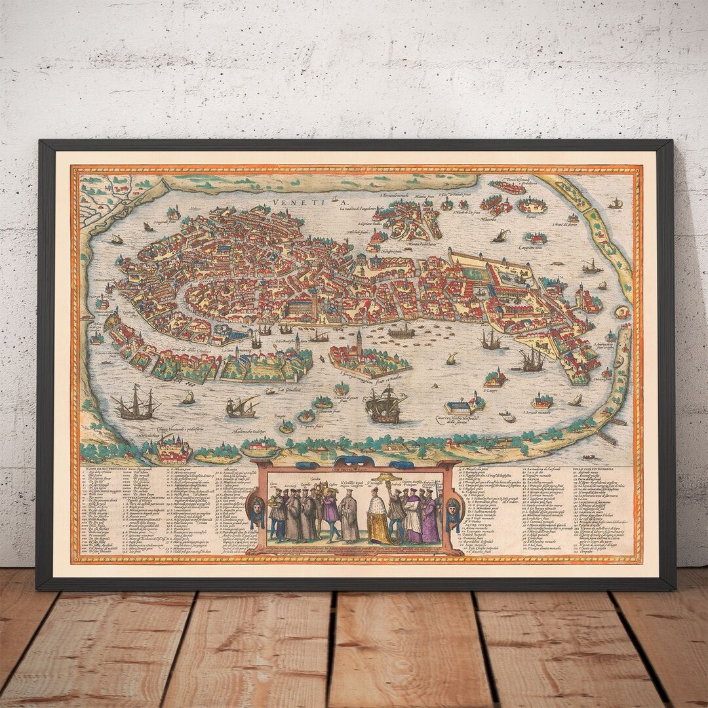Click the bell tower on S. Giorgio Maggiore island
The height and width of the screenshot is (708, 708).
click(x=359, y=342)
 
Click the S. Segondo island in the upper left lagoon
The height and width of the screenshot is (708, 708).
click(x=174, y=213)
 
